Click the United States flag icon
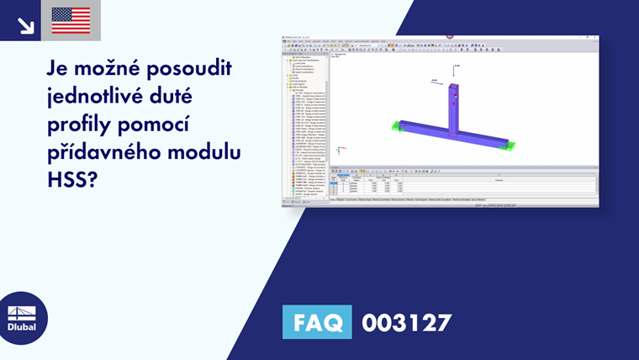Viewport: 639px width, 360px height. coord(71,20)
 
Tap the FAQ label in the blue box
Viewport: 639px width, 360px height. coord(316,322)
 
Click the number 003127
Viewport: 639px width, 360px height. coord(407,322)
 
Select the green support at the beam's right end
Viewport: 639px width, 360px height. coord(504,146)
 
